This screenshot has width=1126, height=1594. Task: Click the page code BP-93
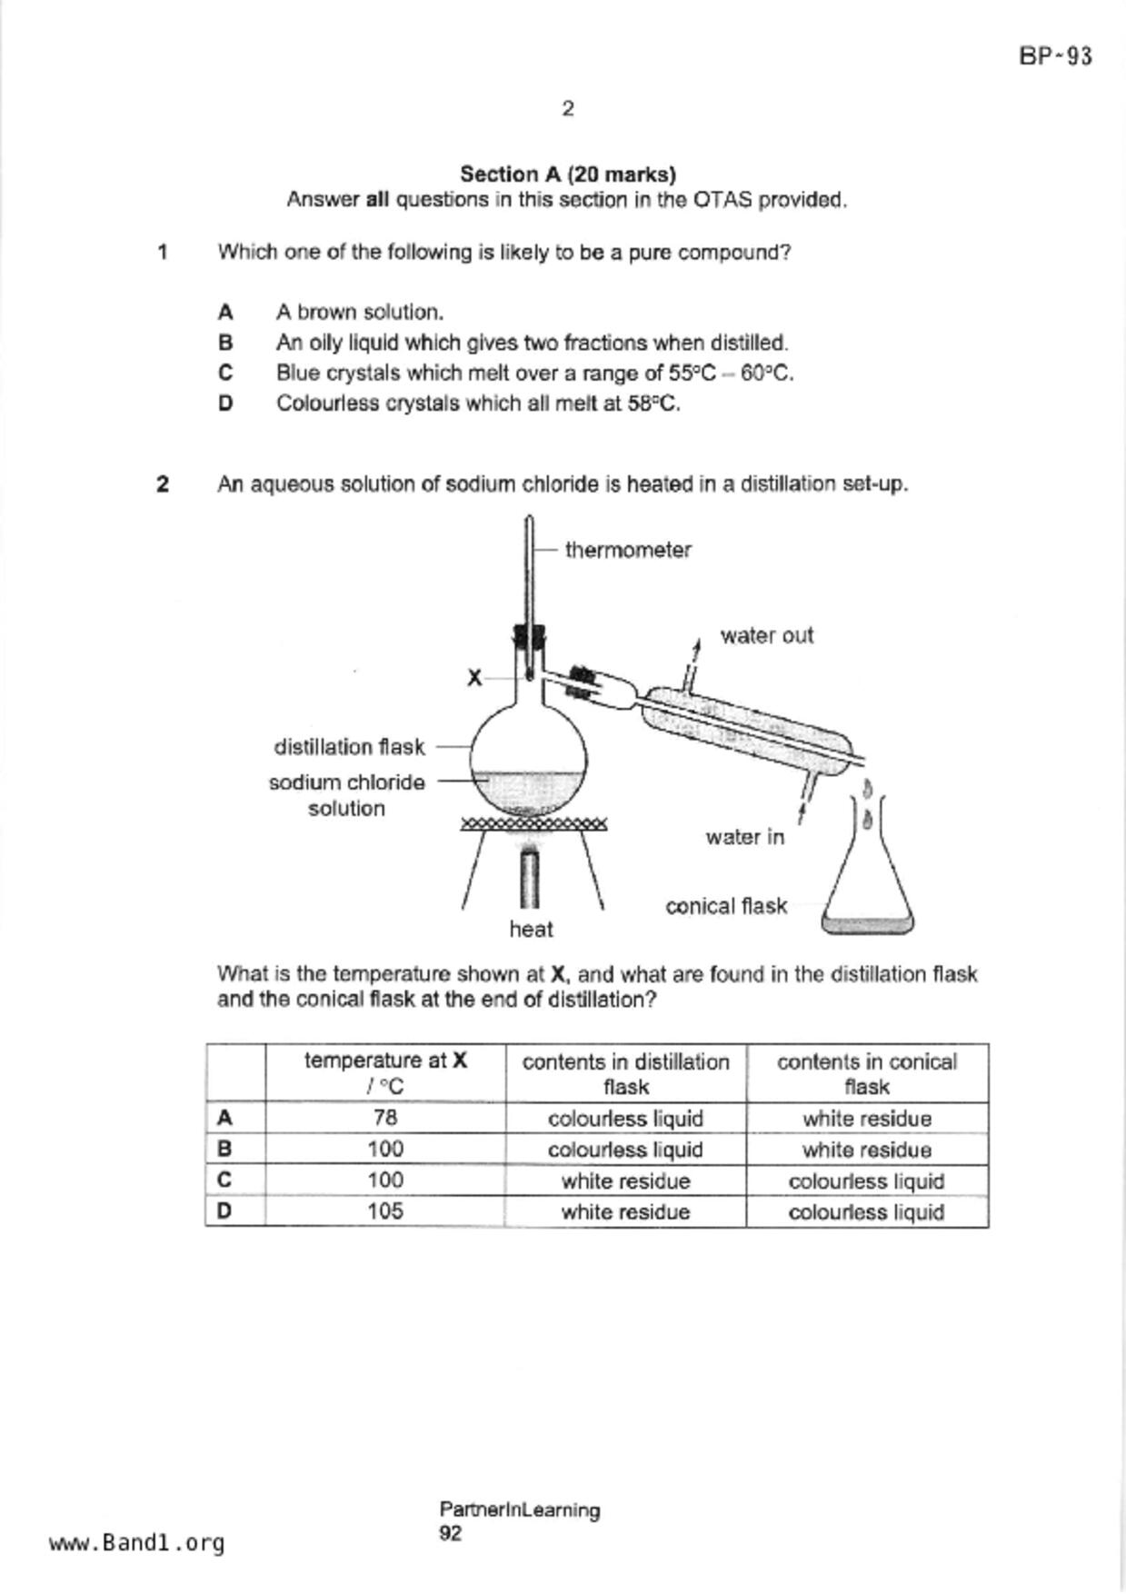click(1055, 56)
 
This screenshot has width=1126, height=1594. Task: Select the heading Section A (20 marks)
click(567, 174)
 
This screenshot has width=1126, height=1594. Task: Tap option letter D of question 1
click(225, 403)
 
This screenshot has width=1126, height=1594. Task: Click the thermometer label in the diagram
click(628, 550)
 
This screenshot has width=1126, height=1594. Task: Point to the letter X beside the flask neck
click(474, 678)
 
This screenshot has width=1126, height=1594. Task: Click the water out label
click(766, 635)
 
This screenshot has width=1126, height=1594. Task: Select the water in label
click(744, 837)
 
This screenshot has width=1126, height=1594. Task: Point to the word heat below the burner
click(531, 929)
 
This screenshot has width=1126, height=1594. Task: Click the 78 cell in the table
click(385, 1118)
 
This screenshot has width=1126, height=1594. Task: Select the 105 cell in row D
click(385, 1211)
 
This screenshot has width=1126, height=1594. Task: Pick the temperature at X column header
click(385, 1073)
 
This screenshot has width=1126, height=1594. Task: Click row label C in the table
click(224, 1180)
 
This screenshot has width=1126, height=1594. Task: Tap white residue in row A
click(866, 1119)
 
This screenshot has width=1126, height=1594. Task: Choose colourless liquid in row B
click(625, 1150)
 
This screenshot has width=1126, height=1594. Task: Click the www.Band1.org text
click(137, 1543)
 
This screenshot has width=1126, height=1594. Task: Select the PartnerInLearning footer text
click(519, 1509)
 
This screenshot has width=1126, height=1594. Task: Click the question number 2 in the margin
click(163, 484)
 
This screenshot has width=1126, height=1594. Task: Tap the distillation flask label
click(349, 747)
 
